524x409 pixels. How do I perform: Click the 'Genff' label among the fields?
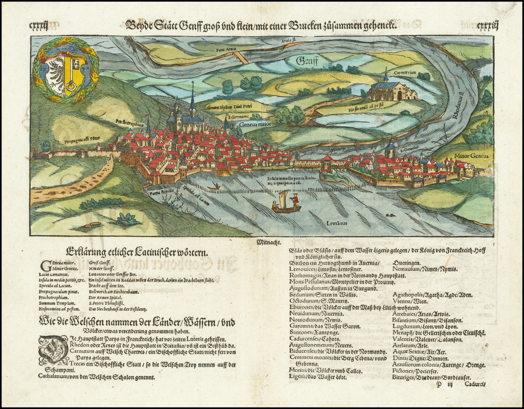click(x=307, y=62)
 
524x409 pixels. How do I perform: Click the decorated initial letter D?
click(x=53, y=350)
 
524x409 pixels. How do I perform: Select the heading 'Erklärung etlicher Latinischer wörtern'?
click(x=137, y=252)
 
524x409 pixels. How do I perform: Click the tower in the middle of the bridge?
click(x=326, y=163)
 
